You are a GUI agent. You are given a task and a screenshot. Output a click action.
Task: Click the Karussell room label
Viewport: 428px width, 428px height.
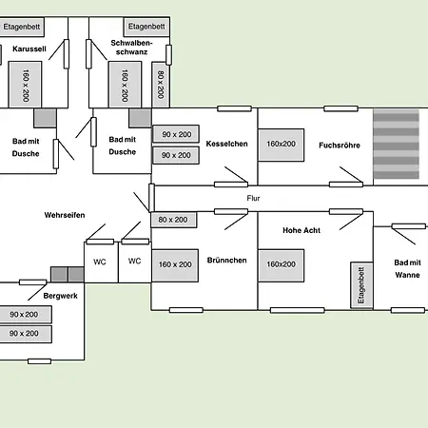pos(29,49)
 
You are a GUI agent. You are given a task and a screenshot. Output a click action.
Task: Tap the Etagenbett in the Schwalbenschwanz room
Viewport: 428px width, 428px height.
pos(146,27)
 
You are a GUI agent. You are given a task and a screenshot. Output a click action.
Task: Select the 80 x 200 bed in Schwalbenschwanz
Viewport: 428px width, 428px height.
pos(161,85)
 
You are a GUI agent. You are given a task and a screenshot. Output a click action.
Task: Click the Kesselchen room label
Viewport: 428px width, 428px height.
pos(226,144)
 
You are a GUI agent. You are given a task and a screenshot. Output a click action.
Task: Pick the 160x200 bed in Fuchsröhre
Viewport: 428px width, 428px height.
pos(281,145)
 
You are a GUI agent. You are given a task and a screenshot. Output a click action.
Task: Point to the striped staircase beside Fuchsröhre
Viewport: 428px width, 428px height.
pos(396,144)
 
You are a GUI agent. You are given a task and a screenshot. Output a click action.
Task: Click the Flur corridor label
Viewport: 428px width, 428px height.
pos(253,198)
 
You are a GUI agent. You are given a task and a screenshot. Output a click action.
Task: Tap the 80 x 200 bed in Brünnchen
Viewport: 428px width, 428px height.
pos(173,220)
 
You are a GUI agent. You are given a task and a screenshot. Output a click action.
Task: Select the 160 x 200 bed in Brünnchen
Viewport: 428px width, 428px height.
pos(175,265)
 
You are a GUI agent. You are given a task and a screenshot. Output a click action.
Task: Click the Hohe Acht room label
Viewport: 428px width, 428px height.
pos(302,230)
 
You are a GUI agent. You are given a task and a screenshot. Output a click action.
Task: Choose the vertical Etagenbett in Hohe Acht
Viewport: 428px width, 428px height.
pos(361,285)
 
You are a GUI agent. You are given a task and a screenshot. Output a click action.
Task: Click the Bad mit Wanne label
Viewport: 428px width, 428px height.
pos(407,269)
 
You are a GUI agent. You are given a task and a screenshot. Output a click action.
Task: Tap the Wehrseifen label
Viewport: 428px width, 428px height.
pos(65,215)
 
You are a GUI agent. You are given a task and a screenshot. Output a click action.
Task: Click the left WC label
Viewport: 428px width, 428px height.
pos(100,262)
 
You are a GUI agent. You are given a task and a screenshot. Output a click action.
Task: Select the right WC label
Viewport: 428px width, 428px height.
pos(134,262)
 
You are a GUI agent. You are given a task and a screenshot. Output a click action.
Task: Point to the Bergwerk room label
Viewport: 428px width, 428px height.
pos(60,296)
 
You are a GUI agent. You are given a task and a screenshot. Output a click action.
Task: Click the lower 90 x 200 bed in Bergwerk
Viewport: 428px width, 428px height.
pos(26,334)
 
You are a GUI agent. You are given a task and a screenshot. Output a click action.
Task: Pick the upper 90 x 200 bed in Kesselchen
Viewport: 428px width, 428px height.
pos(176,134)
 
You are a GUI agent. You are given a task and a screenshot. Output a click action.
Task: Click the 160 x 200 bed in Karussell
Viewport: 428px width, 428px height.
pos(25,85)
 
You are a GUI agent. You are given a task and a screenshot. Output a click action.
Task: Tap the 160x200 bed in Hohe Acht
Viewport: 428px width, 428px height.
pos(281,265)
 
